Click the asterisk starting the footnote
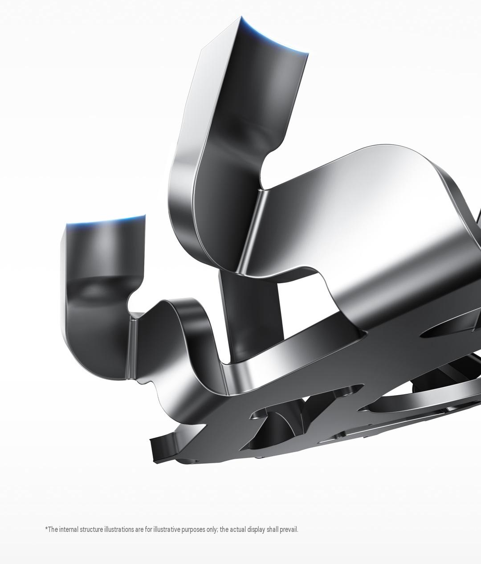point(46,528)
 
